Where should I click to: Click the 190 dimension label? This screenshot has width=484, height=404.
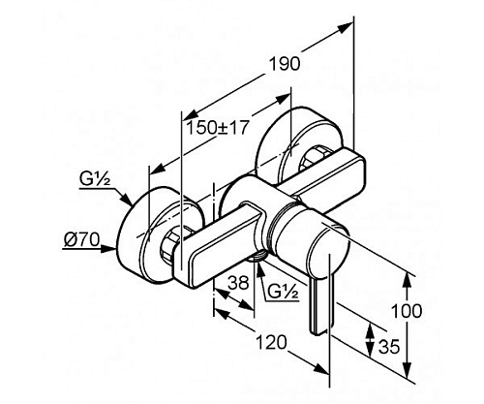285,64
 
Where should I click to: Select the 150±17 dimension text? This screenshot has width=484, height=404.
218,128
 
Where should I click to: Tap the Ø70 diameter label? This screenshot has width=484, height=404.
82,240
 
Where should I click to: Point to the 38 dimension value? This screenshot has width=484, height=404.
238,283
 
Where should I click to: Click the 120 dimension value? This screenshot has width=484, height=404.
271,342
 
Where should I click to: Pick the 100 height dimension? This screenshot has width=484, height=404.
407,311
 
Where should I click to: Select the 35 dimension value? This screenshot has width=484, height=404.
389,347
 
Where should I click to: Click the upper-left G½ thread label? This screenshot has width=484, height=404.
95,179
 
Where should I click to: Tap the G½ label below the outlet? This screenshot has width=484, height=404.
284,293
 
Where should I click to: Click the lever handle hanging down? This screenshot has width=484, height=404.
319,307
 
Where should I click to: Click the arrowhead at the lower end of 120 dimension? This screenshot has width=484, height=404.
321,369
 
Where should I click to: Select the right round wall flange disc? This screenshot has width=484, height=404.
298,145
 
